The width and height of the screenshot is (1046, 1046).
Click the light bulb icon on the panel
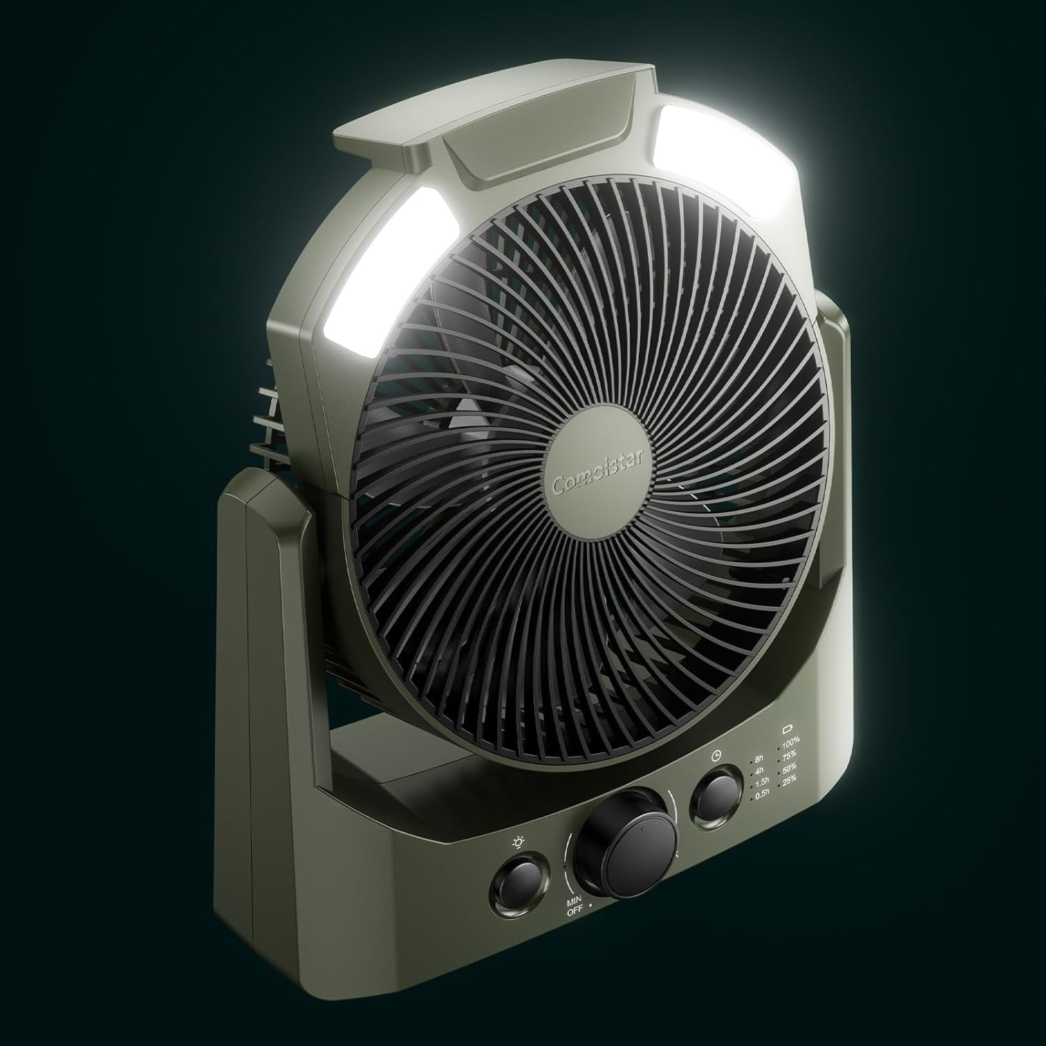(519, 842)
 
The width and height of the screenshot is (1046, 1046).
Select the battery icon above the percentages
(789, 728)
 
